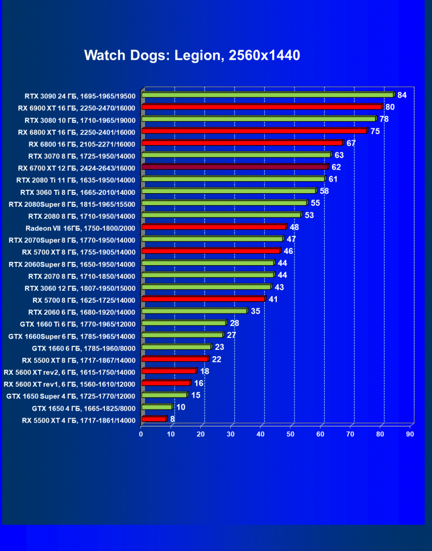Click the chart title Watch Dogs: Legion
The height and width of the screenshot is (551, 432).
click(x=192, y=55)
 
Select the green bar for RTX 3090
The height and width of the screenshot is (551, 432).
click(x=267, y=95)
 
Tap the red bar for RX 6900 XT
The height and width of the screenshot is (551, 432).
click(x=261, y=107)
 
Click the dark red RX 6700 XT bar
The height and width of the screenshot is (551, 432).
click(x=234, y=167)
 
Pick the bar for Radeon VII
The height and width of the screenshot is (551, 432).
click(x=213, y=227)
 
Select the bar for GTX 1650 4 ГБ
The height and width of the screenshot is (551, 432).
click(x=156, y=407)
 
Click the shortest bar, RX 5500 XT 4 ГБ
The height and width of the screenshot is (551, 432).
click(x=153, y=419)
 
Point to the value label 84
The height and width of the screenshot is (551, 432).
click(x=402, y=95)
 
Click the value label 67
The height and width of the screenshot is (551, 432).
click(x=351, y=143)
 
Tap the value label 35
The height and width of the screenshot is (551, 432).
click(x=255, y=311)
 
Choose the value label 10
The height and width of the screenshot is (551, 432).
click(x=181, y=407)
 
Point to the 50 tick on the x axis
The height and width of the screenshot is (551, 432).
click(x=291, y=434)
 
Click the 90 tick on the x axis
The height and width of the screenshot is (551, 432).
click(x=410, y=434)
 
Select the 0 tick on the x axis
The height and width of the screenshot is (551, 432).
click(x=142, y=434)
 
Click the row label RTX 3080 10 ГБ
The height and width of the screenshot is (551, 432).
click(x=80, y=120)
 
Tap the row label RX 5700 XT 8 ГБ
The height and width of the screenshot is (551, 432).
click(x=79, y=252)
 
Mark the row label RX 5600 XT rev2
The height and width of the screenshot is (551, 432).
click(x=69, y=372)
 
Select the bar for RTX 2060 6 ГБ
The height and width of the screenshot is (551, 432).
click(x=194, y=311)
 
